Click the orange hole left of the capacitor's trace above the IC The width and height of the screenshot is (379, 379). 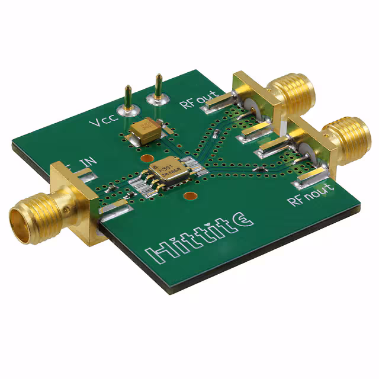144,159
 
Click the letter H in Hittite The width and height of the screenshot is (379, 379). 155,254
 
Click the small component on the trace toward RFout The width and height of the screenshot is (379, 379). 217,131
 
